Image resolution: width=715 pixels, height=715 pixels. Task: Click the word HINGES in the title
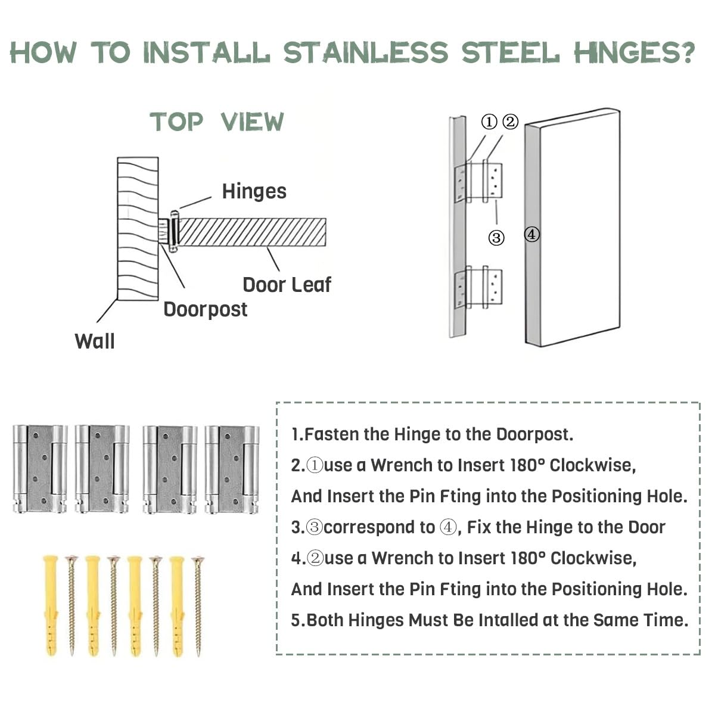click(634, 52)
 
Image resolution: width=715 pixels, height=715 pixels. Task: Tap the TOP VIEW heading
click(217, 122)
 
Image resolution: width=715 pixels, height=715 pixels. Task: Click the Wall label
click(95, 341)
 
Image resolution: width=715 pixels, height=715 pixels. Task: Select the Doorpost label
click(205, 309)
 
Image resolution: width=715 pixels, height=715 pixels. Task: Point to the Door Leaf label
click(287, 285)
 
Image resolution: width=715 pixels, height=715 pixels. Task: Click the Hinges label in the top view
click(254, 191)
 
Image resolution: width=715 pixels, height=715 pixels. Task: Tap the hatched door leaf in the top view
click(252, 232)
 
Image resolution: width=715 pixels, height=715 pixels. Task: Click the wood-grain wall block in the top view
click(138, 228)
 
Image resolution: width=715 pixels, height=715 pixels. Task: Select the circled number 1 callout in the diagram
click(489, 122)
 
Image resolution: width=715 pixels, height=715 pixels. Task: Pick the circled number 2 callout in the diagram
click(510, 122)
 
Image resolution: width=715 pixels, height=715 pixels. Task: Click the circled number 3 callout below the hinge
click(496, 238)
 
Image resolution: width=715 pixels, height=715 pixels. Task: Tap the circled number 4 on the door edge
click(531, 235)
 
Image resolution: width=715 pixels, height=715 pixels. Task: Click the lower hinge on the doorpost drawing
click(478, 287)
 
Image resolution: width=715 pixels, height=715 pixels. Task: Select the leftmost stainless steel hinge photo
click(40, 469)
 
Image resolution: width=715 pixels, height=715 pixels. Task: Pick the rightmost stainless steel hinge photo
click(232, 470)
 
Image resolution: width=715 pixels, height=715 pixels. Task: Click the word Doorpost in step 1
click(534, 434)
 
